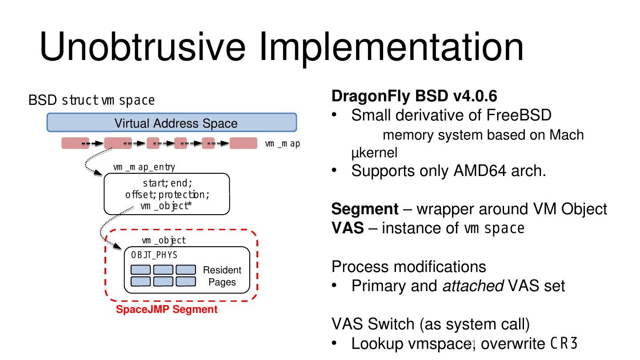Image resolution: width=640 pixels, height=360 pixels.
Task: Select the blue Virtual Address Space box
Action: click(172, 123)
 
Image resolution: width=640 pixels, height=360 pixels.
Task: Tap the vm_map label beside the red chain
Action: click(282, 144)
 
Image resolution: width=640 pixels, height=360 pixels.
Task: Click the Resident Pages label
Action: click(222, 276)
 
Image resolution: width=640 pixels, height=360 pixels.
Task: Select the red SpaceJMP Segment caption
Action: click(167, 310)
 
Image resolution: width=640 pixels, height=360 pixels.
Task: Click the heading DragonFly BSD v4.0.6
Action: click(414, 96)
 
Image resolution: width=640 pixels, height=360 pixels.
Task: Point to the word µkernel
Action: click(374, 153)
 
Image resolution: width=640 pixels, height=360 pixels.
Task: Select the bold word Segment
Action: click(365, 209)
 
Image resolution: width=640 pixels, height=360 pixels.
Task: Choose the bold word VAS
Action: click(348, 228)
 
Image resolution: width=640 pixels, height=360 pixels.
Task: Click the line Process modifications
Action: click(408, 267)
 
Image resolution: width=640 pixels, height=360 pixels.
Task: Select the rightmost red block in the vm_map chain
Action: click(243, 144)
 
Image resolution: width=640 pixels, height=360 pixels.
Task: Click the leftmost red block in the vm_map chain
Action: click(75, 144)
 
